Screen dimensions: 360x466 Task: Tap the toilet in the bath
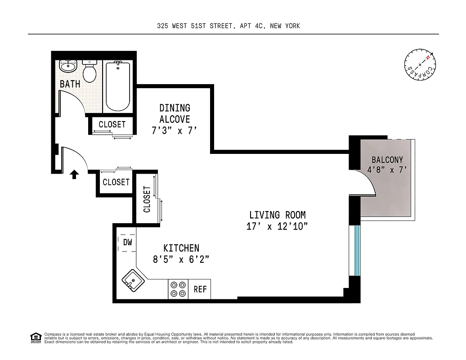90,71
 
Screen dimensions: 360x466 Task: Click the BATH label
70,84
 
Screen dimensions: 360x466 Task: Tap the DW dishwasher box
127,242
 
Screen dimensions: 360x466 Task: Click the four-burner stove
178,289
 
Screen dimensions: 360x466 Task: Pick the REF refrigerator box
200,289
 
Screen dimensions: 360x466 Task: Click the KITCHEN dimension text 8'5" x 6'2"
181,259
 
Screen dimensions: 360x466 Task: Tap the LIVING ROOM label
277,215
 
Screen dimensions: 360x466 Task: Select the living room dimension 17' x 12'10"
277,226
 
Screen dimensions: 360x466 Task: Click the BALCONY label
387,159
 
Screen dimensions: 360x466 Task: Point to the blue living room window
357,250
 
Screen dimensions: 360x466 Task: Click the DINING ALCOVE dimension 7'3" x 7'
175,131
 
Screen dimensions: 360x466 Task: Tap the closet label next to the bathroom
112,125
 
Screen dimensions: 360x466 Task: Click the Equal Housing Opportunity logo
36,337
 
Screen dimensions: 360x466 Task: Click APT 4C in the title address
251,26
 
